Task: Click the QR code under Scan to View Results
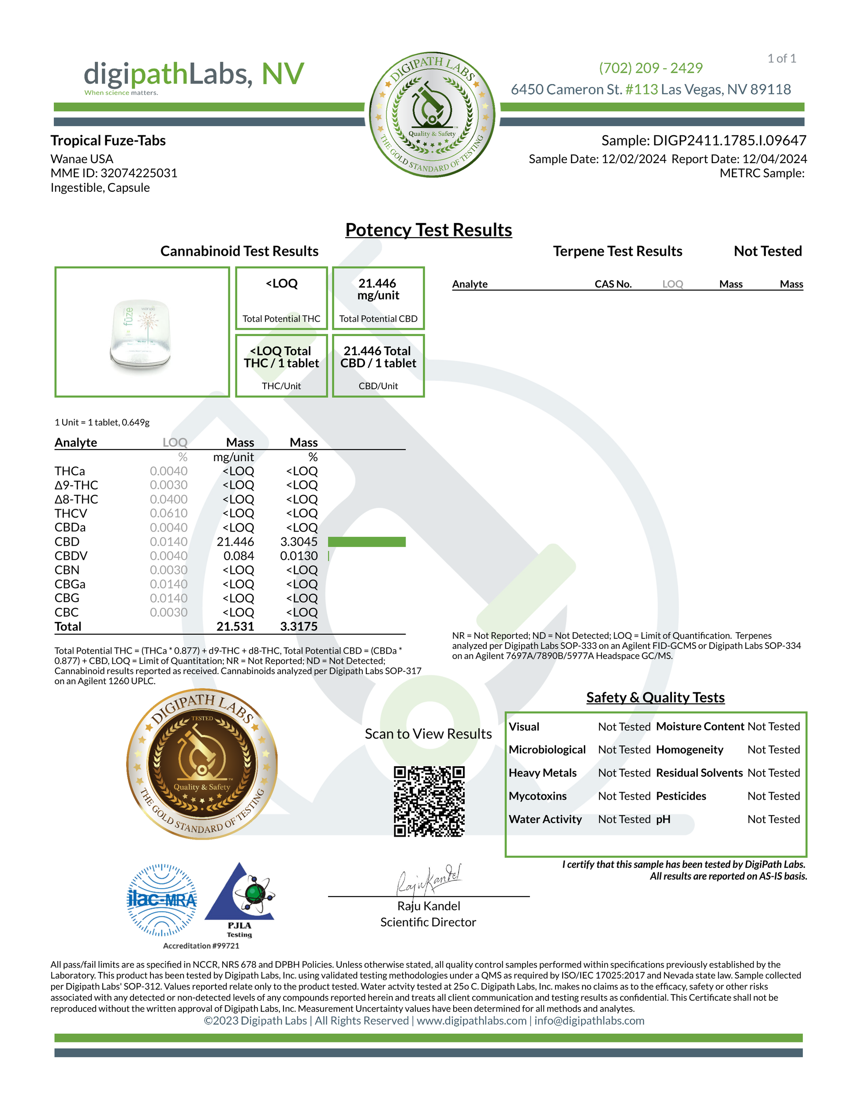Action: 429,801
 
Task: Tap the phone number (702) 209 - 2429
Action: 651,67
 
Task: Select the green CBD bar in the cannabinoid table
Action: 366,542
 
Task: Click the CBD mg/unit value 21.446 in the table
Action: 235,542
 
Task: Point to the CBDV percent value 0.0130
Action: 299,556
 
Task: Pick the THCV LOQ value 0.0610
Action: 169,513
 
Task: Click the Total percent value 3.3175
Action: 299,627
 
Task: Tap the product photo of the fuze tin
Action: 141,333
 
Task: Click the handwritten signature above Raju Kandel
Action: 428,880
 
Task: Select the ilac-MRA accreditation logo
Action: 162,900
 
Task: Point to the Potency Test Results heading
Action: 429,230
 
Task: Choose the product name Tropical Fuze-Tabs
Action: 108,141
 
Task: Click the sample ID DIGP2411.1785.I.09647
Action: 729,141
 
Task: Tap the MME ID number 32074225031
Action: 139,173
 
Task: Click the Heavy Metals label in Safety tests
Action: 542,773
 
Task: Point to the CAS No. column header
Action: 613,284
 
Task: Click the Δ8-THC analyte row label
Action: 76,499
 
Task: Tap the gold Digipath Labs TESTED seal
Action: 202,764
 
